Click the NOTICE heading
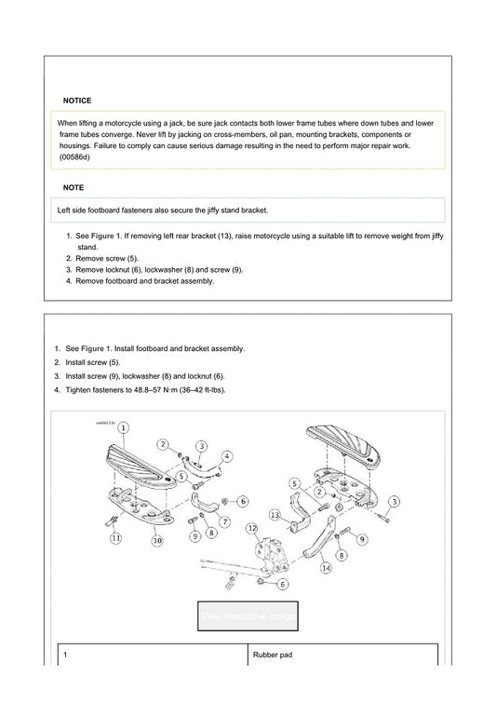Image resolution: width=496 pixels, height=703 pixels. click(x=77, y=100)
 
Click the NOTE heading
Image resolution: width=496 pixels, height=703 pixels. click(x=74, y=187)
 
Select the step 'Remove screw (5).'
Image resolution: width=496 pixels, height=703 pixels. click(x=106, y=258)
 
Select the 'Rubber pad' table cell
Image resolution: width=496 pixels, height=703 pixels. click(x=273, y=655)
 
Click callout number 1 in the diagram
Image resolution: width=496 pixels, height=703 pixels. click(x=124, y=426)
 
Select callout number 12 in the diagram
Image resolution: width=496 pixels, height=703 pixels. click(x=251, y=530)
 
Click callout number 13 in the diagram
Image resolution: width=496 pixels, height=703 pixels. click(x=275, y=515)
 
